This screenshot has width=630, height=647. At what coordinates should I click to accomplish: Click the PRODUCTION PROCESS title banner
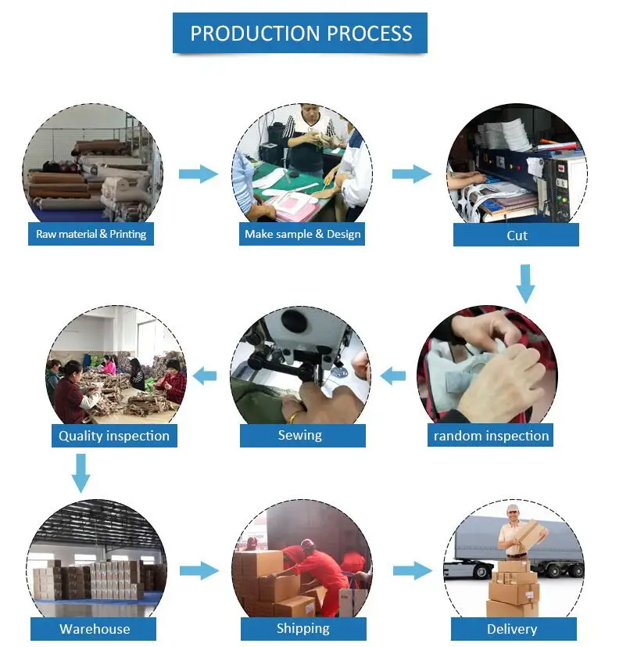click(301, 34)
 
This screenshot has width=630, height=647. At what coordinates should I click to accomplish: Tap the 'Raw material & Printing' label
click(91, 234)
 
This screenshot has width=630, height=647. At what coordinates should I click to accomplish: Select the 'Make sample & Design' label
click(302, 234)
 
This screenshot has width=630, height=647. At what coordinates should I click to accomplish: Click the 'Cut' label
click(517, 235)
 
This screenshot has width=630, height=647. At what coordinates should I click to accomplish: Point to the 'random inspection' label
click(491, 436)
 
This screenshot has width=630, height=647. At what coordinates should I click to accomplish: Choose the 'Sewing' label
click(300, 435)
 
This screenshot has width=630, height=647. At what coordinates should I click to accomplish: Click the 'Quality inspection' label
click(114, 436)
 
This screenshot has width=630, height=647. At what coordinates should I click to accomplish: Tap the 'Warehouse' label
click(95, 629)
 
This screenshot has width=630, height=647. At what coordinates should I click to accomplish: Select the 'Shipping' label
click(302, 628)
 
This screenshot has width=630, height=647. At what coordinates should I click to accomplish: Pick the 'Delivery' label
click(512, 629)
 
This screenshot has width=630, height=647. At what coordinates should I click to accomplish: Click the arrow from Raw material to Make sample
click(199, 174)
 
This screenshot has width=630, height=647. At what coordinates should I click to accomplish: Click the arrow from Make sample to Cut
click(411, 174)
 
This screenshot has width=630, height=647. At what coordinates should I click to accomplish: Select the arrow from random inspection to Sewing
click(393, 376)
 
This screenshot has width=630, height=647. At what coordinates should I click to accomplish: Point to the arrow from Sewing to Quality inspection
click(204, 376)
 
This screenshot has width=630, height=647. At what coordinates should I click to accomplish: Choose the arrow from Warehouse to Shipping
click(199, 570)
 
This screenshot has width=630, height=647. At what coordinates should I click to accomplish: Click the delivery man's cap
click(512, 509)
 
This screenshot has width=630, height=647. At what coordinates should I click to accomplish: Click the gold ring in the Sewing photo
click(292, 415)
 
